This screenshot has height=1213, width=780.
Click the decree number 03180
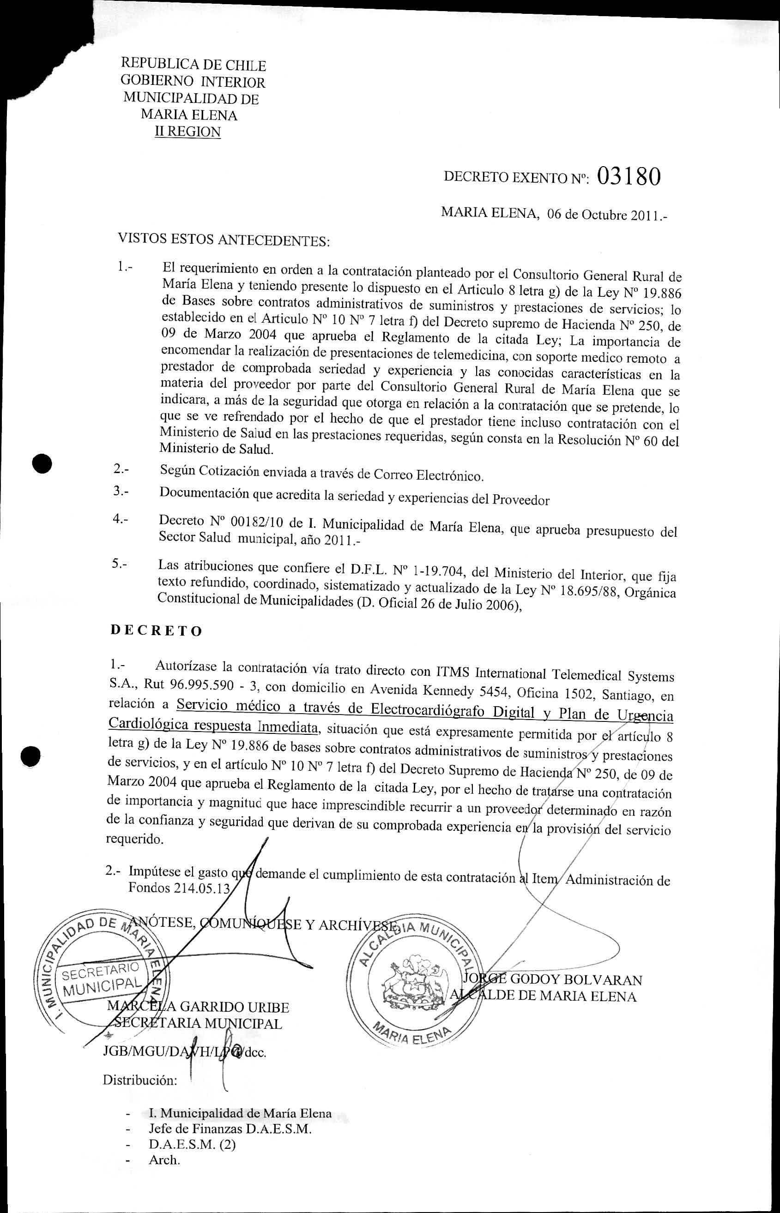[629, 177]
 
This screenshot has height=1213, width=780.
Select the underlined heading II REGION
[188, 132]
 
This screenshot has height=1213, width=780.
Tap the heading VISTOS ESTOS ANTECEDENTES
[224, 240]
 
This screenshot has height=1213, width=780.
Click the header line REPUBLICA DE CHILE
[193, 65]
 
